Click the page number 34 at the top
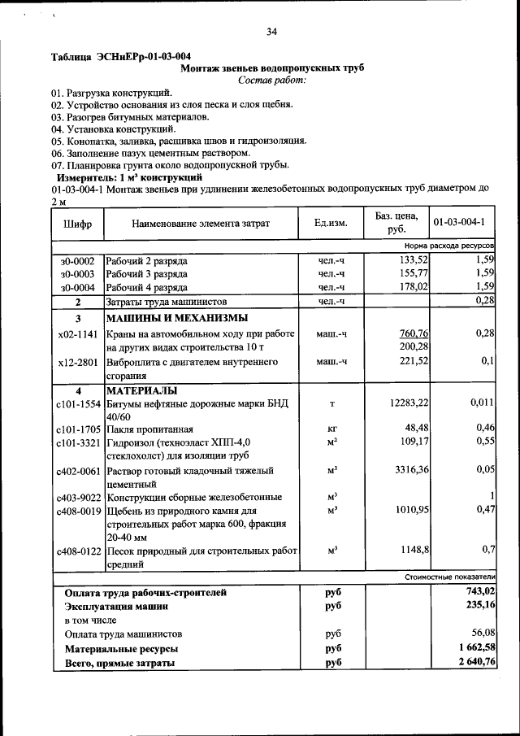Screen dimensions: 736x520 [271, 32]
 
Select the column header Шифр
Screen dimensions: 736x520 [76, 223]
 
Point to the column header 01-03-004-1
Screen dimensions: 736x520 [459, 223]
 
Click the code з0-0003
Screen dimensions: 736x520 [77, 274]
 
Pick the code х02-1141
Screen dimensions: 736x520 [78, 334]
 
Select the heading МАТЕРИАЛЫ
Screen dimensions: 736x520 [142, 391]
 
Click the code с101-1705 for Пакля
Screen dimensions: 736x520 [78, 429]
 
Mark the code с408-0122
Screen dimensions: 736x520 [78, 551]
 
